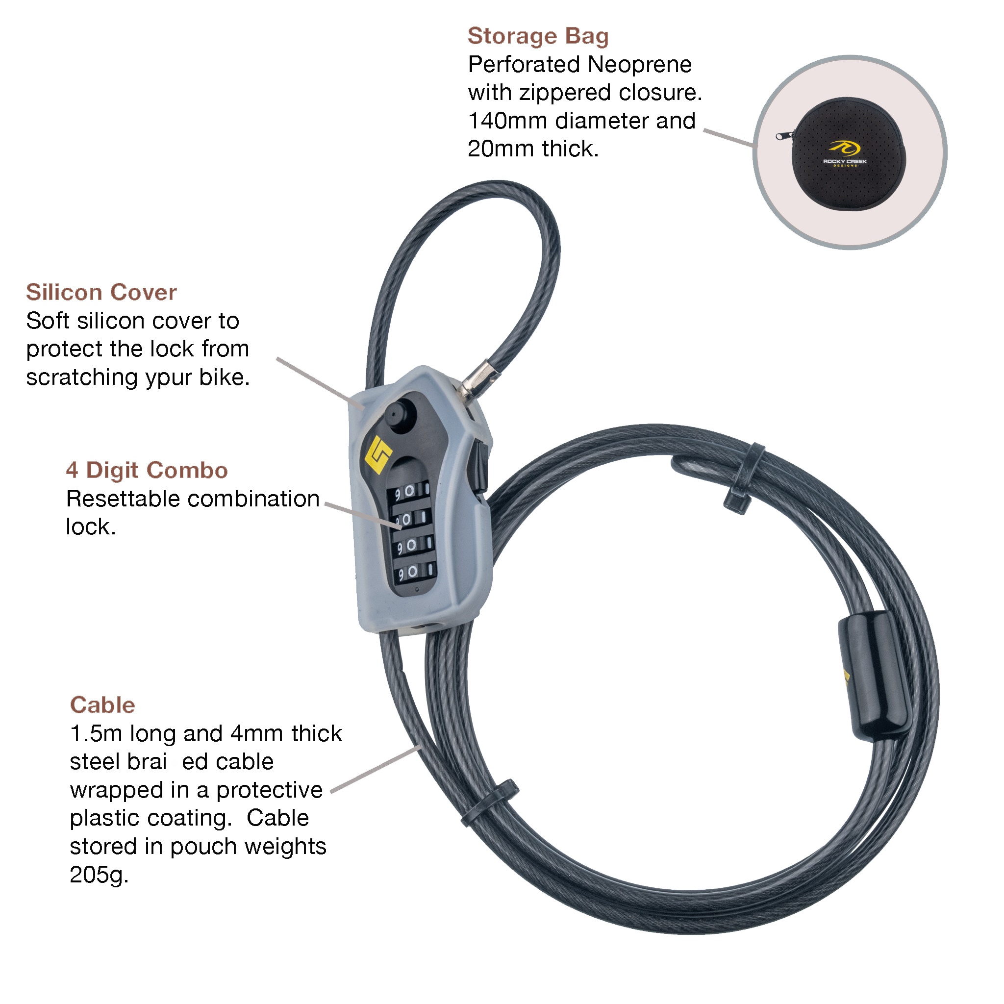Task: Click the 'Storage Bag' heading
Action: click(538, 36)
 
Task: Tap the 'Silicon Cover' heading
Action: click(101, 293)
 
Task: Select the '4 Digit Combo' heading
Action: click(147, 470)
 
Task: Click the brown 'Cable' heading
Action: click(102, 705)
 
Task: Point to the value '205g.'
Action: click(99, 875)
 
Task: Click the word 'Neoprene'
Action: click(640, 65)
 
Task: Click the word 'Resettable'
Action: click(124, 499)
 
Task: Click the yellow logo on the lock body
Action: click(378, 455)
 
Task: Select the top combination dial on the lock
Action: click(410, 491)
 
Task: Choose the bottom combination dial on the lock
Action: click(414, 572)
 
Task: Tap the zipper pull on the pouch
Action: click(782, 136)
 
